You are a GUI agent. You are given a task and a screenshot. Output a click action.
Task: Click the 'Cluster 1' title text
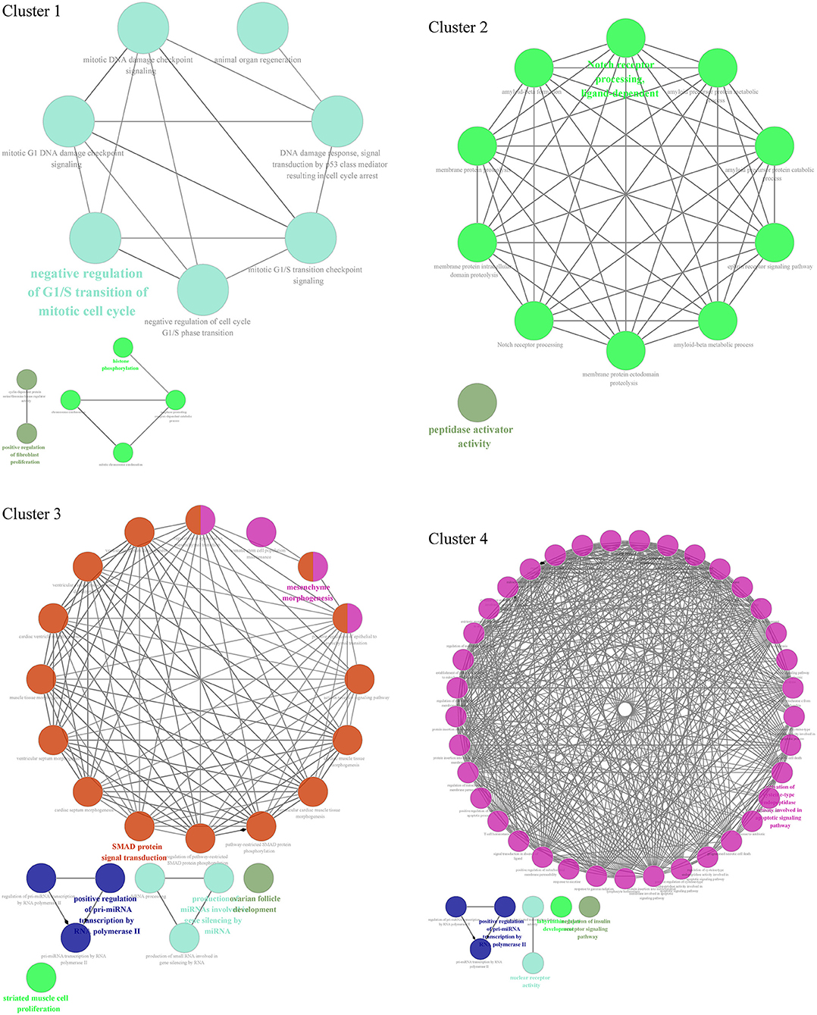click(x=31, y=11)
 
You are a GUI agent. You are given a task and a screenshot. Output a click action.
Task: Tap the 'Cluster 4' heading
click(x=458, y=539)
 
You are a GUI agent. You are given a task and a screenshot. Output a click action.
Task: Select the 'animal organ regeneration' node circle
click(x=262, y=28)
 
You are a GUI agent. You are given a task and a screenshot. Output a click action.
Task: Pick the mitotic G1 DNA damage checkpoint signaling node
click(x=69, y=121)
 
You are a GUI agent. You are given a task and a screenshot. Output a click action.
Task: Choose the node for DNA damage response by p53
click(x=337, y=121)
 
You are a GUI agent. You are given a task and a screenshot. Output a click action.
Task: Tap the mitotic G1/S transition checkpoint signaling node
click(x=311, y=238)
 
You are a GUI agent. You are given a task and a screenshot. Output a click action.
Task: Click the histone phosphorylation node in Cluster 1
click(x=123, y=348)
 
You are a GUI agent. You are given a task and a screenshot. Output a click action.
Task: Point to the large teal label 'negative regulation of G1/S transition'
click(x=87, y=292)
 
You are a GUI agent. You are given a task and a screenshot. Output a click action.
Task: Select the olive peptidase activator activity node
click(x=477, y=403)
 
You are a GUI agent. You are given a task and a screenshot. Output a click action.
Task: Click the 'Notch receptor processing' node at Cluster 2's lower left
click(x=534, y=320)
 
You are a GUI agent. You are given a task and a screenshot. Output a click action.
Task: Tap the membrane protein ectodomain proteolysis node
click(x=626, y=349)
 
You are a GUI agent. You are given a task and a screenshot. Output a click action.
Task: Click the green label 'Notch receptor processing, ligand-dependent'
click(x=621, y=79)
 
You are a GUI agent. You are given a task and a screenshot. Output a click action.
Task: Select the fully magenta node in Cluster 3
click(x=261, y=533)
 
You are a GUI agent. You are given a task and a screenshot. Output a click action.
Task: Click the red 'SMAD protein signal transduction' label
click(x=135, y=852)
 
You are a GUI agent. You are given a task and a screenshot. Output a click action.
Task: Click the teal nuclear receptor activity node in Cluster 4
click(x=533, y=963)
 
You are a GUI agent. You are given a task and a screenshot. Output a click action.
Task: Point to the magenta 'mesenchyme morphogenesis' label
click(x=308, y=593)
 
